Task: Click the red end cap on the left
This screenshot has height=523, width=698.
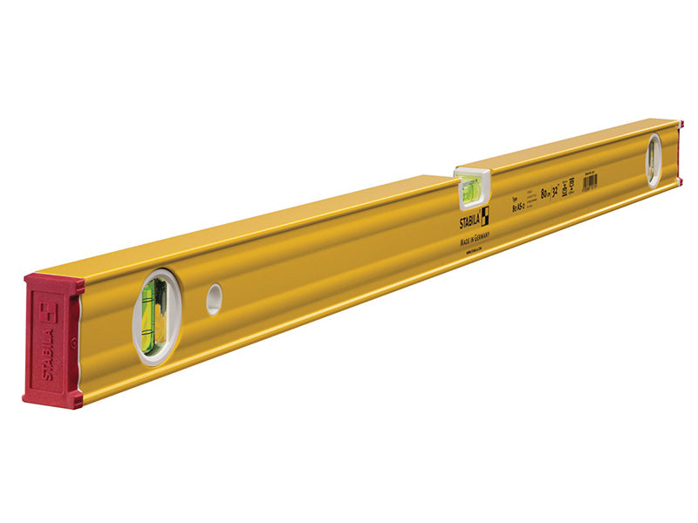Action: click(x=53, y=340)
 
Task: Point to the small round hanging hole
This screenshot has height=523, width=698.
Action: click(x=214, y=299)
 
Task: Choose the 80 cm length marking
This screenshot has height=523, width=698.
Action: click(x=544, y=196)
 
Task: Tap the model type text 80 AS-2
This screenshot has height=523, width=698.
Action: click(x=509, y=209)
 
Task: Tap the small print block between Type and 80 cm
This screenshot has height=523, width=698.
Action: click(x=528, y=202)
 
